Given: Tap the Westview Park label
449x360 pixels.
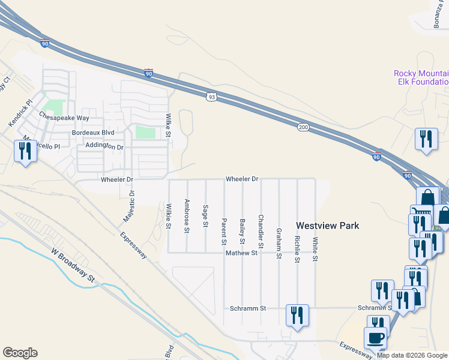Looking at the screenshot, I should point(328,226).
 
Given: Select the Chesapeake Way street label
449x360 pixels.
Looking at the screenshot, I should point(64,118).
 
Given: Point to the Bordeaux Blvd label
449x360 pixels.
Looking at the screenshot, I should point(92,132).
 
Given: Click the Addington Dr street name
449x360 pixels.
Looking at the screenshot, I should point(104,146).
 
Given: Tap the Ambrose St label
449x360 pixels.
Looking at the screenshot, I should point(187,215).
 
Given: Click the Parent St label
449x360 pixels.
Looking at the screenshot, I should point(224,231).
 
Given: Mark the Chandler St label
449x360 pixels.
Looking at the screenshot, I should point(261,232).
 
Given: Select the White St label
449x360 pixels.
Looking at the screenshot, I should point(315,249).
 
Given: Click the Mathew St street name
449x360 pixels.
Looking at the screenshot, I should point(241,253).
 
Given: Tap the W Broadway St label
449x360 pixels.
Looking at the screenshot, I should point(73,266).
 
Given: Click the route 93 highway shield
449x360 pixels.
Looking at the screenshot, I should point(211,96).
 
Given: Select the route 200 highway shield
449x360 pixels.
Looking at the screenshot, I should point(303,126).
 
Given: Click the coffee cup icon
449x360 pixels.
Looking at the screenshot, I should point(376,337).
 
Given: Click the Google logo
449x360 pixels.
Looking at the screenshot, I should point(20,353).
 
